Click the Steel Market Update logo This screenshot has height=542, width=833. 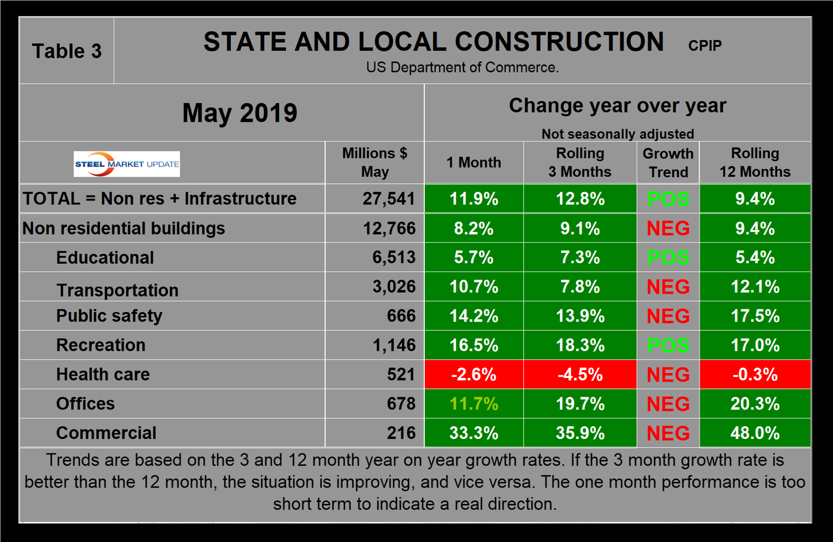(x=127, y=164)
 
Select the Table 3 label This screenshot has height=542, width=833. (x=66, y=51)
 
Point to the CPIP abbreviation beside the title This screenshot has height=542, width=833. (x=705, y=45)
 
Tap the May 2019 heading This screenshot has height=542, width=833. (x=239, y=113)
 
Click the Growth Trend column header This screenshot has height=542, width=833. (x=668, y=162)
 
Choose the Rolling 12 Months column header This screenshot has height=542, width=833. (x=754, y=162)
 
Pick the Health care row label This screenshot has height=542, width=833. (x=102, y=374)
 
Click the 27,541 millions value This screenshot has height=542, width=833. (x=388, y=198)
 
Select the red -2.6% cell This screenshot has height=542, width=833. (x=474, y=374)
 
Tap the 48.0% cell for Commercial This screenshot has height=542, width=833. (x=754, y=433)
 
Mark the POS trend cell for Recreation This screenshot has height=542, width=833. (x=668, y=345)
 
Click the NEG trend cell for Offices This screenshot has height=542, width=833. (x=668, y=403)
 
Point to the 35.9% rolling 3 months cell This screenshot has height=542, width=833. (x=580, y=433)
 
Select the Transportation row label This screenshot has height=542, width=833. (x=117, y=290)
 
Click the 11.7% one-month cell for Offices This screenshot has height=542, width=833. (x=474, y=403)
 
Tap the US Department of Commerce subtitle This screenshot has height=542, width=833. (x=462, y=68)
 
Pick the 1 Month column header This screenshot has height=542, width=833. (x=474, y=162)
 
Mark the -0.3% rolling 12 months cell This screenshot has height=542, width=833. (x=754, y=374)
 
